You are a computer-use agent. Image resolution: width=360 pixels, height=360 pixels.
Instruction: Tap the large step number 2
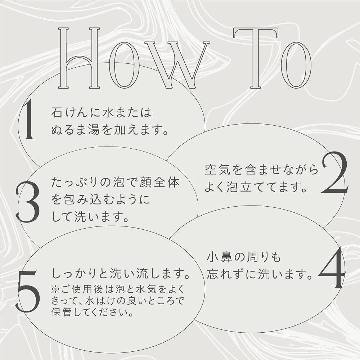point(334,172)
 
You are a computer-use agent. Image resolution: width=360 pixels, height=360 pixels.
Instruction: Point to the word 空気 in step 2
point(217,170)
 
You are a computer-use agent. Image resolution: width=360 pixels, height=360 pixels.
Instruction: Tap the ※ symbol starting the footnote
point(55,289)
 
